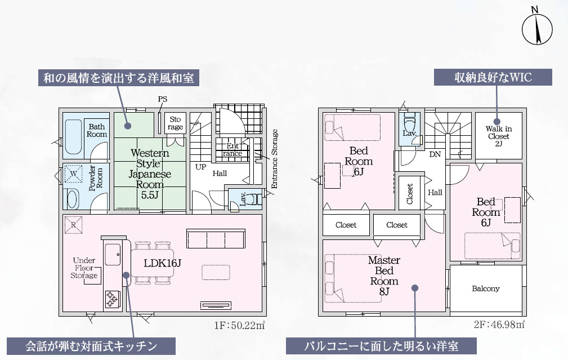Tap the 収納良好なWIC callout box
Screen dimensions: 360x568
click(493, 77)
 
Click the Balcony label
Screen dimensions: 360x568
click(485, 288)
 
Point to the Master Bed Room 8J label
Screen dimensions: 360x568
click(384, 275)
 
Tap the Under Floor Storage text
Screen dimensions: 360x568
click(84, 268)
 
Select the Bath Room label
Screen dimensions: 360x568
click(97, 131)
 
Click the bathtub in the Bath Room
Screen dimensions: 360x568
click(74, 135)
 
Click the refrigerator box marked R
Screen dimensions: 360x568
click(74, 224)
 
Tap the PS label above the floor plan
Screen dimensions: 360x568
click(163, 99)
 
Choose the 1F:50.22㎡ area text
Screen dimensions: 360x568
click(239, 325)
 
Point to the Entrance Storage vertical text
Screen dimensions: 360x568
click(275, 158)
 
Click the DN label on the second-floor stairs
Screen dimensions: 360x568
click(435, 154)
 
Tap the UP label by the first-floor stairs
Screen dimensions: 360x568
click(200, 167)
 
